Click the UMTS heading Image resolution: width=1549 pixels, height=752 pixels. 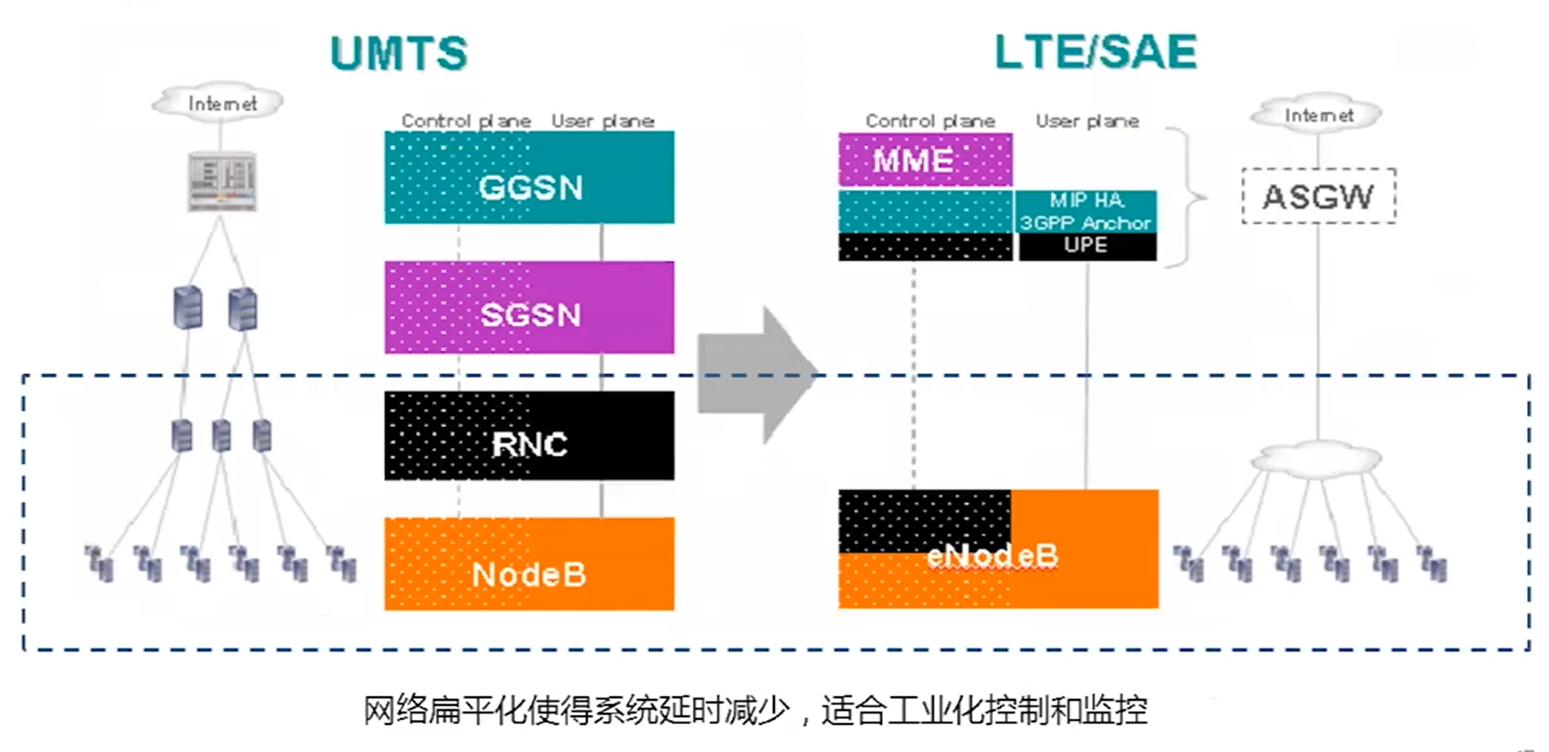(x=398, y=54)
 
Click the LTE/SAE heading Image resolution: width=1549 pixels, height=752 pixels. (x=1095, y=52)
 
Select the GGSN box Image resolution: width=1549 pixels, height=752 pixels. (x=529, y=178)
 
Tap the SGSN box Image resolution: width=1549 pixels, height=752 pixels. (x=529, y=308)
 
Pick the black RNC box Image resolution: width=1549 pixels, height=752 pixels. (x=529, y=437)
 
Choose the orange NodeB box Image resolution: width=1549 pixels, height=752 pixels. (x=529, y=565)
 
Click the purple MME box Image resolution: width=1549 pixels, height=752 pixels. (x=925, y=159)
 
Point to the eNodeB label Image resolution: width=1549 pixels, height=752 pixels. (x=992, y=555)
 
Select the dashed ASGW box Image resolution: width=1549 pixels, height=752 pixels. (x=1318, y=197)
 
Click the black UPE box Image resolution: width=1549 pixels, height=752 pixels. (x=1087, y=246)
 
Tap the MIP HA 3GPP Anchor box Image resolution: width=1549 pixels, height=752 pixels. (x=1087, y=211)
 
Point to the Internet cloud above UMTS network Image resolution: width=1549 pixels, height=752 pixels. (x=220, y=103)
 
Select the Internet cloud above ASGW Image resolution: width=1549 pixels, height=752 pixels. (x=1318, y=114)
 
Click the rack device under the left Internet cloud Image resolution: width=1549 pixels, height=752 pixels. (x=223, y=181)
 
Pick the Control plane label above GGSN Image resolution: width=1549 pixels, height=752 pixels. (x=466, y=120)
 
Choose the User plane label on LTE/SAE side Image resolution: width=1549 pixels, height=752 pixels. (x=1088, y=120)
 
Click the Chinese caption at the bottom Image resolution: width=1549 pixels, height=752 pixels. (x=755, y=710)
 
